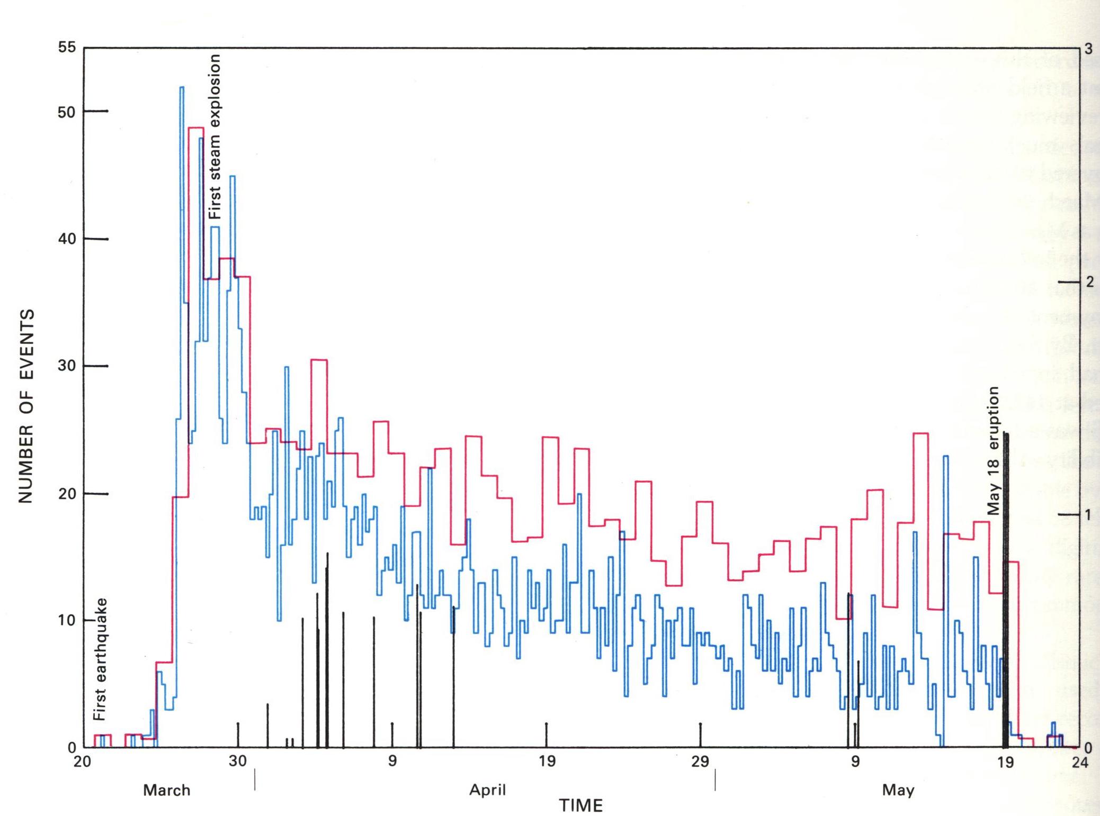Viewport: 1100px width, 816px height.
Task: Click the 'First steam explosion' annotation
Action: pyautogui.click(x=214, y=137)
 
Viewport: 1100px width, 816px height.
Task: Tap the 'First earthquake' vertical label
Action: pyautogui.click(x=100, y=659)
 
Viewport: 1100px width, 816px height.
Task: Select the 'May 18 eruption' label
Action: pyautogui.click(x=993, y=450)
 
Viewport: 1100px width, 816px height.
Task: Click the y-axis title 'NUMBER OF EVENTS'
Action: pyautogui.click(x=26, y=406)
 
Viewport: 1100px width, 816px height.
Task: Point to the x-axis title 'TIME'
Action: pyautogui.click(x=580, y=805)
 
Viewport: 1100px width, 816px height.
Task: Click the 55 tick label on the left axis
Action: pyautogui.click(x=67, y=48)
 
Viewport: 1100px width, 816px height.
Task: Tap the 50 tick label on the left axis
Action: pyautogui.click(x=67, y=112)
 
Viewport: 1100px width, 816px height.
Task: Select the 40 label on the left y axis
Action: pyautogui.click(x=67, y=239)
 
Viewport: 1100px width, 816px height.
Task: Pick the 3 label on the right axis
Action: pyautogui.click(x=1089, y=49)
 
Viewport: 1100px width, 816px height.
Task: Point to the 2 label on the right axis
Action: pyautogui.click(x=1089, y=282)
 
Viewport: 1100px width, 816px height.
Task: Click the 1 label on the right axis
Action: pyautogui.click(x=1089, y=514)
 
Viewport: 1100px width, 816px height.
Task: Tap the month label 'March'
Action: pyautogui.click(x=166, y=790)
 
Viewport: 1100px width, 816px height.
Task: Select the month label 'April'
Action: pyautogui.click(x=487, y=790)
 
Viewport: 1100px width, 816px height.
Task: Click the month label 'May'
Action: pyautogui.click(x=898, y=790)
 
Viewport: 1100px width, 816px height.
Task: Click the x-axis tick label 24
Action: pyautogui.click(x=1080, y=762)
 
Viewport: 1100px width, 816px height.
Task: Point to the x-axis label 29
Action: pyautogui.click(x=700, y=762)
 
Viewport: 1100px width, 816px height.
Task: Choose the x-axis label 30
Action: pyautogui.click(x=238, y=762)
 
